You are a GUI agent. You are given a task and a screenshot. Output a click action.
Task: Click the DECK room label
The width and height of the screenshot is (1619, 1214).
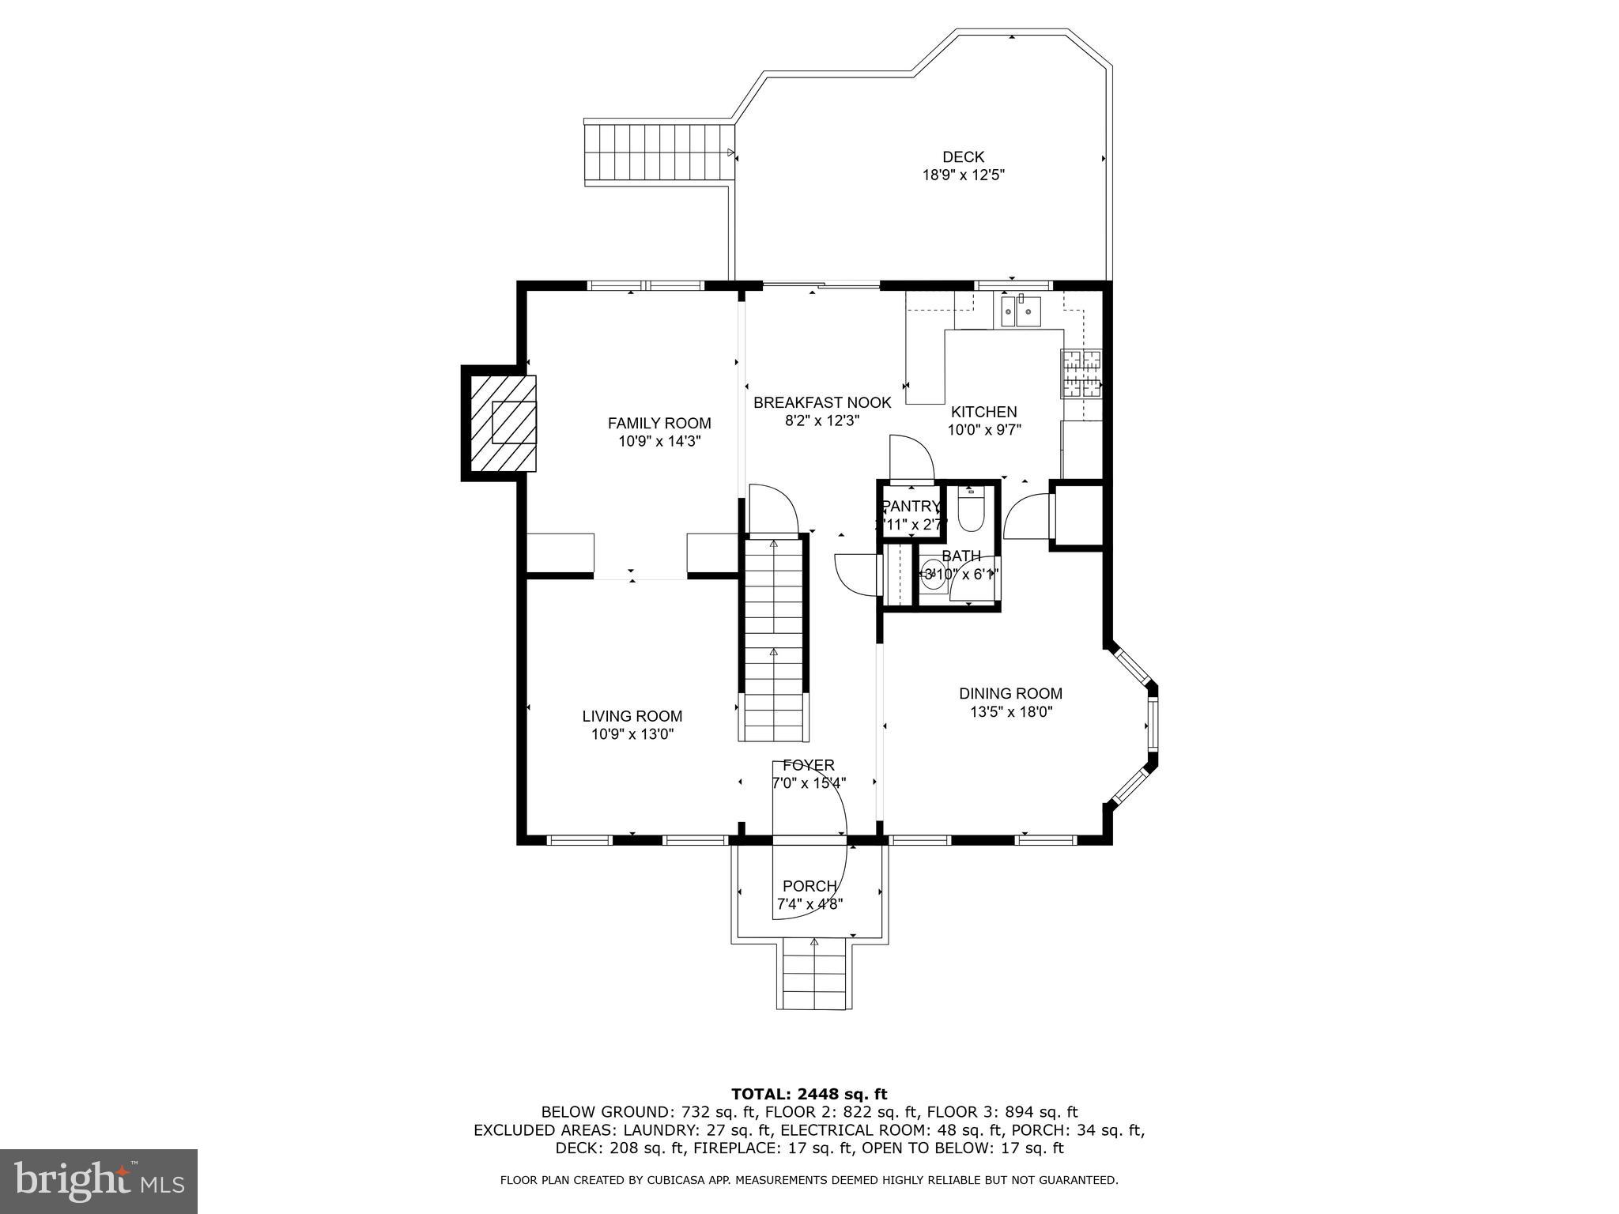[963, 157]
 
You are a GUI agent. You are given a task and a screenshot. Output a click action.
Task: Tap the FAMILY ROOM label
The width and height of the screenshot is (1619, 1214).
[659, 423]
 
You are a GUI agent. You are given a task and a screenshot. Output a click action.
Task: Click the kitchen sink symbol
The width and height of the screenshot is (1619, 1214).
[1021, 311]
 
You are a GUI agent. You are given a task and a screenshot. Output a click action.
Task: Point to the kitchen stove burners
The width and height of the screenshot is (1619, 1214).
[1081, 373]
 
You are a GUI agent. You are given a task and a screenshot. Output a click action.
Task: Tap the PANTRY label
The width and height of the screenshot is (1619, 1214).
[911, 507]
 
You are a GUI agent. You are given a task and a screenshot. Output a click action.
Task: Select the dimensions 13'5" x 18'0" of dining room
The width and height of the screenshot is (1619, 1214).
[1011, 711]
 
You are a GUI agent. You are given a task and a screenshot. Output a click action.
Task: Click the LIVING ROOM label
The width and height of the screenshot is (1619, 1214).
[632, 716]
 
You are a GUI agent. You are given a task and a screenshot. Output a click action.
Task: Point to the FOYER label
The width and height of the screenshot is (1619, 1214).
[808, 765]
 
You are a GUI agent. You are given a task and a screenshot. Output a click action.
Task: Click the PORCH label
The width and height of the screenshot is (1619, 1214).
[809, 886]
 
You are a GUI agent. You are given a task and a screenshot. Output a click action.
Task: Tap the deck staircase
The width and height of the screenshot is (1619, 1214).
[657, 153]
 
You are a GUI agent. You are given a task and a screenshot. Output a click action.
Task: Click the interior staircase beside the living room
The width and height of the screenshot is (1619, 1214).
[774, 640]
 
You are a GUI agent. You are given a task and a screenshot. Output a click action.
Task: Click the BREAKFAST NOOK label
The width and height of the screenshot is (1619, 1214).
[822, 402]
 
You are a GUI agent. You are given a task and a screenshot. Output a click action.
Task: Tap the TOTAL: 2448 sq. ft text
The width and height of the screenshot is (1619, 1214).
[809, 1094]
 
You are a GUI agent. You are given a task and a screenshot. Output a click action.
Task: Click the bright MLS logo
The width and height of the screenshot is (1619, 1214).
[98, 1181]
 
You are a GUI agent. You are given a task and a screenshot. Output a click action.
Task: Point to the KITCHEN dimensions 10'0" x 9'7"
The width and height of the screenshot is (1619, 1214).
[984, 430]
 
